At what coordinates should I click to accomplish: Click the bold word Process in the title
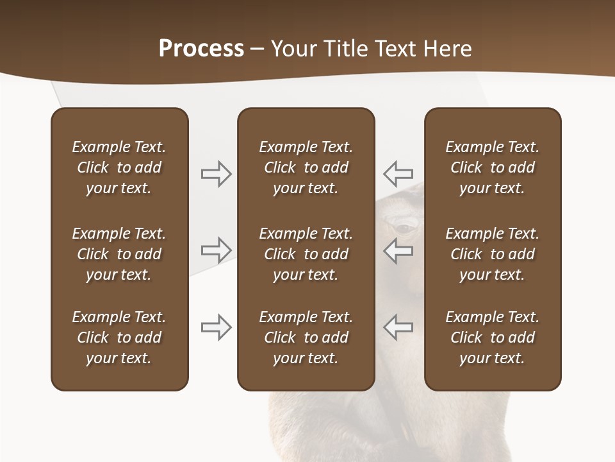[201, 49]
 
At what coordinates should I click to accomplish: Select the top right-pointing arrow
[217, 174]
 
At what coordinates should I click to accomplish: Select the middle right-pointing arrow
[217, 250]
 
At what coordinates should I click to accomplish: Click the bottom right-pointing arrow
[217, 327]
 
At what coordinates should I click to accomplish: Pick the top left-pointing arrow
[398, 173]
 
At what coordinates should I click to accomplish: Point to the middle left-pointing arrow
[398, 250]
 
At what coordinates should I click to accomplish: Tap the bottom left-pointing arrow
[398, 327]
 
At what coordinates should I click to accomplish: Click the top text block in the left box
[119, 167]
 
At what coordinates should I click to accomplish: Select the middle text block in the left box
[119, 254]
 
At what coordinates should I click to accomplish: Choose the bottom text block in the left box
[119, 338]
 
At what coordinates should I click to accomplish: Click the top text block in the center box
[306, 167]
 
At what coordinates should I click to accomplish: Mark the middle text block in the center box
[306, 254]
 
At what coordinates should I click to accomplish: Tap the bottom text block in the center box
[306, 338]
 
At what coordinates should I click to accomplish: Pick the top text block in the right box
[492, 167]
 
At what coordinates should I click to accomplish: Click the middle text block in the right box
[492, 254]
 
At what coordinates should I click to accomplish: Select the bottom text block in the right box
[492, 338]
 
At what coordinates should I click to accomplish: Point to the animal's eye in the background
[404, 227]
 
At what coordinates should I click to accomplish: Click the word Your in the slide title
[294, 49]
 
